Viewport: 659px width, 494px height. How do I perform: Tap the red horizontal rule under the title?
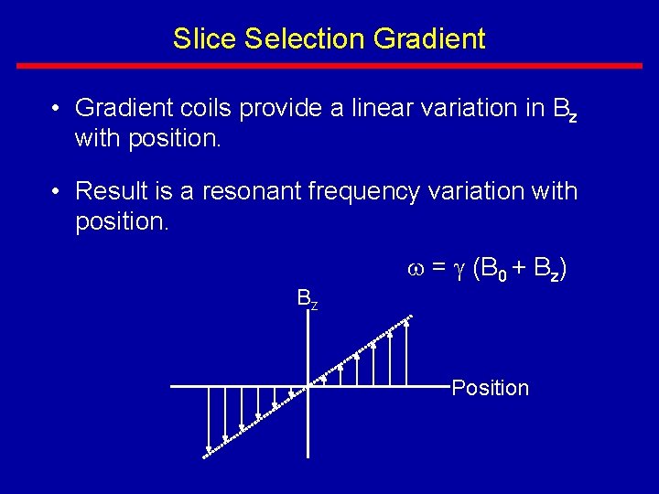(329, 66)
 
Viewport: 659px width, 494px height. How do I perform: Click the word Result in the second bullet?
(106, 191)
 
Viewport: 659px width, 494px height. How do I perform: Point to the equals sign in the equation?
(438, 268)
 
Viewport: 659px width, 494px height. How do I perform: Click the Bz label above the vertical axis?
(307, 299)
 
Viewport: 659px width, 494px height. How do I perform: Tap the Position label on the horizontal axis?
(490, 388)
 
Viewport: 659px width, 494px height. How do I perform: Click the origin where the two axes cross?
(308, 387)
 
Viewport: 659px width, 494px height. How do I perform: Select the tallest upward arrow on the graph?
(406, 353)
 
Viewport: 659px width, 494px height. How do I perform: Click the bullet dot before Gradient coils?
(57, 109)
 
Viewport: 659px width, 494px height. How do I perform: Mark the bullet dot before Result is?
(57, 192)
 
